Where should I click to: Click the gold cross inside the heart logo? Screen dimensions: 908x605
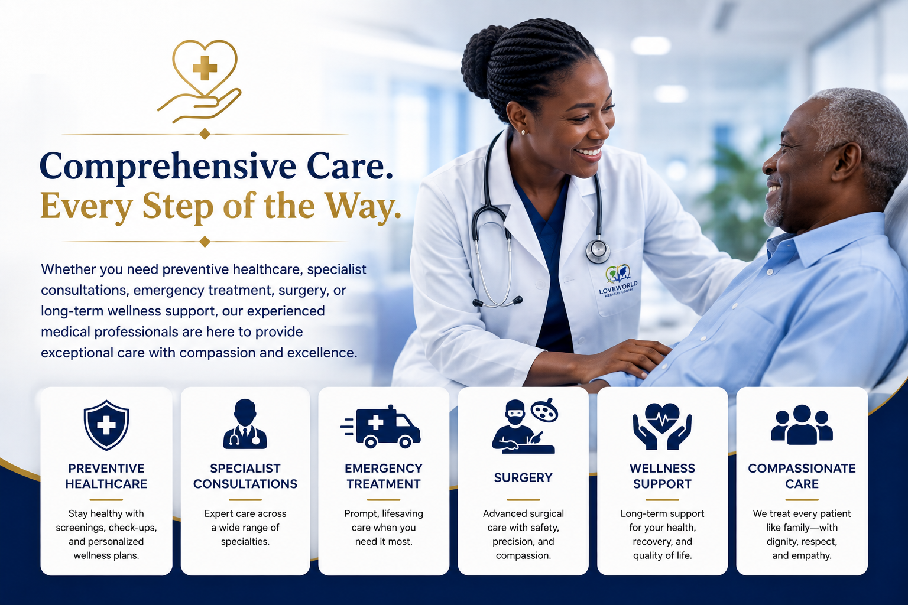(205, 68)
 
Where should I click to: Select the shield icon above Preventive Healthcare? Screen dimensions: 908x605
(106, 425)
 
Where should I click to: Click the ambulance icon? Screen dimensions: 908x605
(381, 427)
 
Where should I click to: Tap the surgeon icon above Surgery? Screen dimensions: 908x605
(524, 426)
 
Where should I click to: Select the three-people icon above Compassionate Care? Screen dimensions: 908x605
(802, 424)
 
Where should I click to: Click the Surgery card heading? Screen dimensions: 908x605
(523, 478)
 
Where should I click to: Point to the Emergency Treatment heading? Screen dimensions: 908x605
(384, 476)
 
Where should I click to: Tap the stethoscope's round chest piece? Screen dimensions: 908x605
(598, 251)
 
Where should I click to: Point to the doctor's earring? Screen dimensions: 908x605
(523, 132)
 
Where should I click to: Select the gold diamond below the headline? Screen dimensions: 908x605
(205, 242)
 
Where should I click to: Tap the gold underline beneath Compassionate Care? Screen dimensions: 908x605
(802, 500)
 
